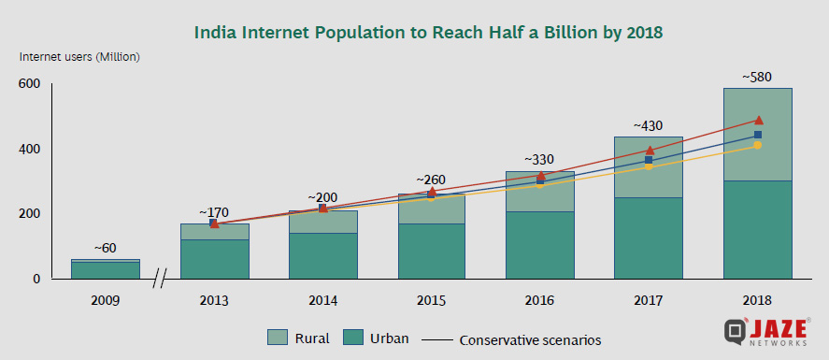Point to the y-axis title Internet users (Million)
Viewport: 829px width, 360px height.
80,57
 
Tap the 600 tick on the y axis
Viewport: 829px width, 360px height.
29,84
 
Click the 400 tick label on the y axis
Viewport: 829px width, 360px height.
29,150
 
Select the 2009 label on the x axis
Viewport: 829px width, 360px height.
106,301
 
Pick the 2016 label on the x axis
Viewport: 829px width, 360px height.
539,301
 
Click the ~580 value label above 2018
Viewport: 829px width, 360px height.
757,76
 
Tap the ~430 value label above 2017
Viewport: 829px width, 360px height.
649,124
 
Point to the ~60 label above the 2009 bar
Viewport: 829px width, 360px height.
106,248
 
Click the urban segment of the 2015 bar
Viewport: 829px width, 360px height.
432,251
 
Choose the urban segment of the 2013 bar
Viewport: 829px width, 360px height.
215,259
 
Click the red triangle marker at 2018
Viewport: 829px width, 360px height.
758,120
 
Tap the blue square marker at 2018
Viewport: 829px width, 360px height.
758,135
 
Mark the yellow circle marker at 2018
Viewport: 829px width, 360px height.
758,146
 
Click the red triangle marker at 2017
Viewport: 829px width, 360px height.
649,150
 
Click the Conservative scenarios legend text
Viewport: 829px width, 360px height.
530,339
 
